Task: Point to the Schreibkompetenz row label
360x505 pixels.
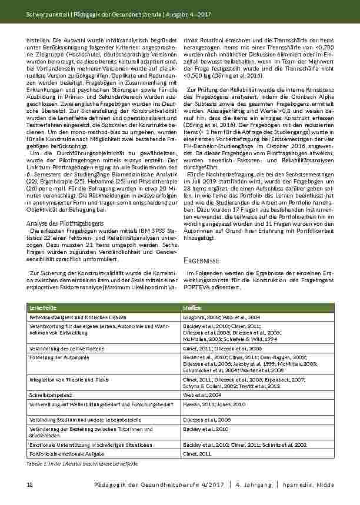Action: pos(51,395)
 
